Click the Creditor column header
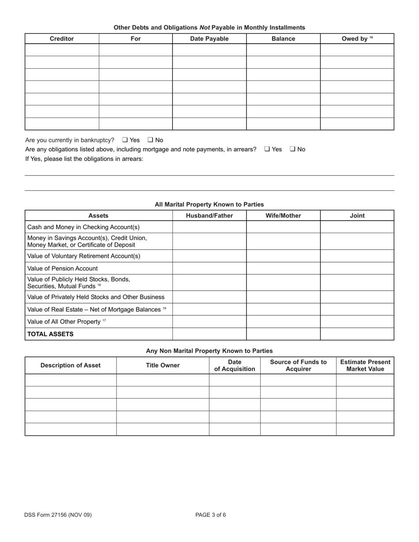tap(62, 39)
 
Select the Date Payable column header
tap(209, 39)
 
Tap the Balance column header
tap(283, 39)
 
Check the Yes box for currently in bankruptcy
tap(125, 140)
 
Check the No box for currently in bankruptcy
tap(150, 140)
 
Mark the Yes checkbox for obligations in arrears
tap(267, 149)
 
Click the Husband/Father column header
tap(209, 215)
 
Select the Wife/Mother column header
tap(283, 215)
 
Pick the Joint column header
tap(357, 215)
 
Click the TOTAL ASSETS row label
tap(50, 334)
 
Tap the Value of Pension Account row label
tap(63, 268)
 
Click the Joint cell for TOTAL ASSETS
tap(357, 334)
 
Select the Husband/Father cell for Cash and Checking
tap(209, 227)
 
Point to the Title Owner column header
tap(163, 365)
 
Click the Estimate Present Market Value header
tap(365, 365)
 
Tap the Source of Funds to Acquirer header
tap(298, 365)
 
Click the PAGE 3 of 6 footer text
tap(211, 515)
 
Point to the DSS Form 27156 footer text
tap(58, 515)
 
